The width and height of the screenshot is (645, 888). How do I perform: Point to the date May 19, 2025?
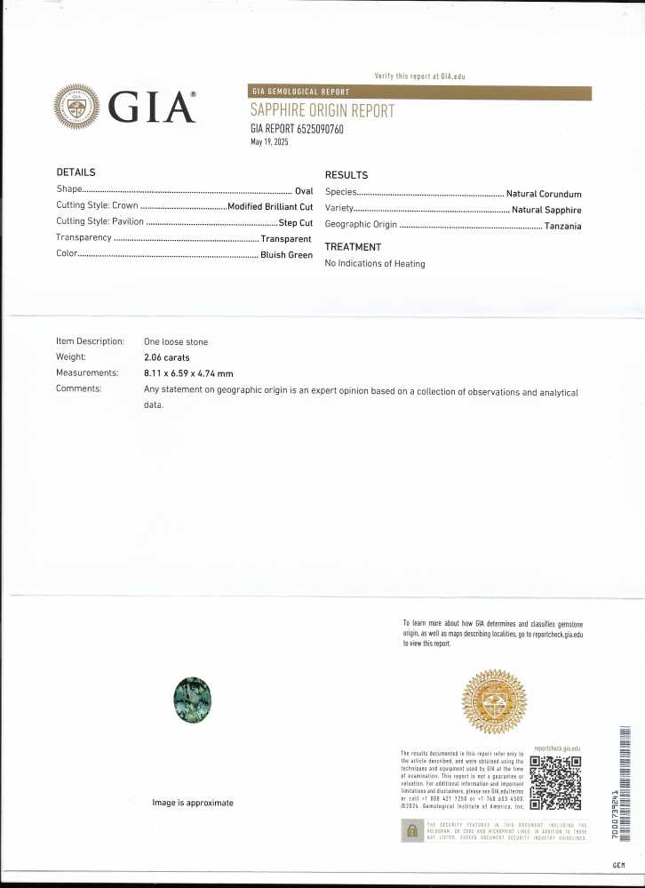coord(270,142)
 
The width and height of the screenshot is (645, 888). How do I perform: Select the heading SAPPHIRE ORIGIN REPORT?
coord(322,112)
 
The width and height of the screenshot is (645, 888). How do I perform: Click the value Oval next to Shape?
coord(304,190)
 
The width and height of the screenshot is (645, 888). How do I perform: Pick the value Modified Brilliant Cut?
coord(270,206)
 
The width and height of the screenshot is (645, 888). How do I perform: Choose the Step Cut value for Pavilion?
coord(296,222)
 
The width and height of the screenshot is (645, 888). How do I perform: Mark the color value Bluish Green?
coord(286,255)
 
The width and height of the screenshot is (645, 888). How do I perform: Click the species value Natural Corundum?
coord(544,194)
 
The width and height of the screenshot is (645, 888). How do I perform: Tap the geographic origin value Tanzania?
coord(563,226)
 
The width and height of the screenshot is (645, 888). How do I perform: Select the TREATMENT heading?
coord(353,247)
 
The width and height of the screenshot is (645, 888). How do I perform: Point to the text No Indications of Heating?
coord(375,264)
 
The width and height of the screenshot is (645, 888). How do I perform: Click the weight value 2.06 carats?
coord(167,357)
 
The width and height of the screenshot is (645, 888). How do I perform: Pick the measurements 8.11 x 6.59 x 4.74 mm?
coord(188,373)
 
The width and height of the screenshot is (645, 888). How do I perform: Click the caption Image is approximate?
coord(193,803)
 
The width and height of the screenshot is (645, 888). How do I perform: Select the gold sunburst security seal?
coord(497,700)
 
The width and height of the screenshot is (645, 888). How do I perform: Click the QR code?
coord(556,783)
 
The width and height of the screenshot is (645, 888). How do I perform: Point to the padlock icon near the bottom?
coord(411,831)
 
